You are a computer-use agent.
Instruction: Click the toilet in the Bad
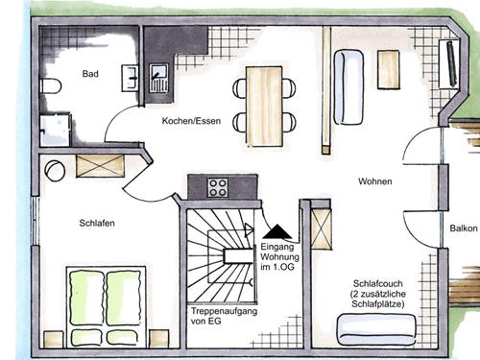[51, 85]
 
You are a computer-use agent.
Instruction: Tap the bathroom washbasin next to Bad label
[130, 78]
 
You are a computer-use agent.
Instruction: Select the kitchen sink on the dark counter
[159, 78]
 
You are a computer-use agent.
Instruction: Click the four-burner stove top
[218, 187]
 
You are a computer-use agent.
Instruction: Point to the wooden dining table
[264, 107]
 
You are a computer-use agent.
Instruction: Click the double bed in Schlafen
[106, 306]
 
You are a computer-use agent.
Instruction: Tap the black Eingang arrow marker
[277, 231]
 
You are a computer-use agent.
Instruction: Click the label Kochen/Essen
[191, 121]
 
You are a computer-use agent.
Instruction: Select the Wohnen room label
[375, 181]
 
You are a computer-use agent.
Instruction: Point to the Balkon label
[464, 228]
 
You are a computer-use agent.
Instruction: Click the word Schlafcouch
[378, 283]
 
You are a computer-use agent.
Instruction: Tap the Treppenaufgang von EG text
[224, 316]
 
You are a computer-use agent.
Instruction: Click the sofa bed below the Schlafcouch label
[377, 330]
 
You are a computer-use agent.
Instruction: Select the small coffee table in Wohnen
[389, 69]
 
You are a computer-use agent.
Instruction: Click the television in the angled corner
[451, 63]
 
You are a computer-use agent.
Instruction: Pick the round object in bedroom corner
[55, 171]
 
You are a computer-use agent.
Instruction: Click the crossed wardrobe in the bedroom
[100, 166]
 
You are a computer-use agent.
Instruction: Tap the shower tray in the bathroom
[55, 130]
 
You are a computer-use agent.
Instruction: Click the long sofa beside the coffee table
[348, 86]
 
